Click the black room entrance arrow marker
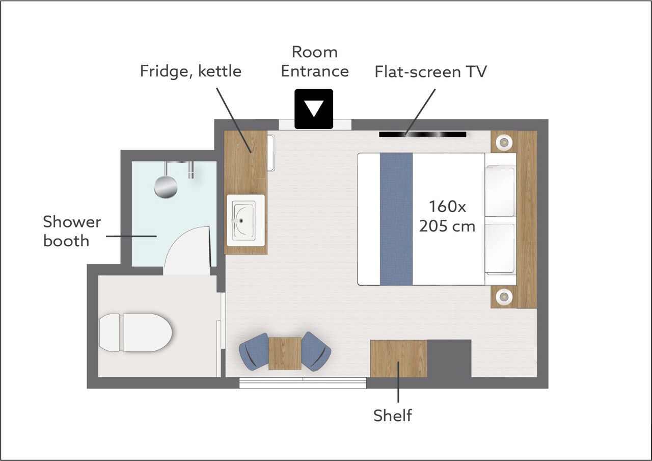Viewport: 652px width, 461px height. point(314,109)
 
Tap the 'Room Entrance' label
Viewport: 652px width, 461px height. point(315,62)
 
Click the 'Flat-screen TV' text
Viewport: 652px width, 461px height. point(430,72)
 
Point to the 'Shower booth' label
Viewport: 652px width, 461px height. point(72,231)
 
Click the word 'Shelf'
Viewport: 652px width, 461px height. point(393,415)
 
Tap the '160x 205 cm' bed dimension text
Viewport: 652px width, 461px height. point(447,216)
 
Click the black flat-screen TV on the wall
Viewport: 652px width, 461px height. point(423,134)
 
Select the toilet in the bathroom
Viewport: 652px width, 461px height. point(135,332)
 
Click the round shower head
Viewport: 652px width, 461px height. point(166,187)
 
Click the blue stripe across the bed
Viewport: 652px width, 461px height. point(396,219)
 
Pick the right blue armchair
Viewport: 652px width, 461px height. point(316,351)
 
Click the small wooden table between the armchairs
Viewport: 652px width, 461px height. point(285,354)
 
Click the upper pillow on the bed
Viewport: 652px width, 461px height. point(500,191)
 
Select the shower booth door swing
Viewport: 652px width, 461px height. point(187,250)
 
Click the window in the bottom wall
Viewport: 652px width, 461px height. point(303,383)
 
